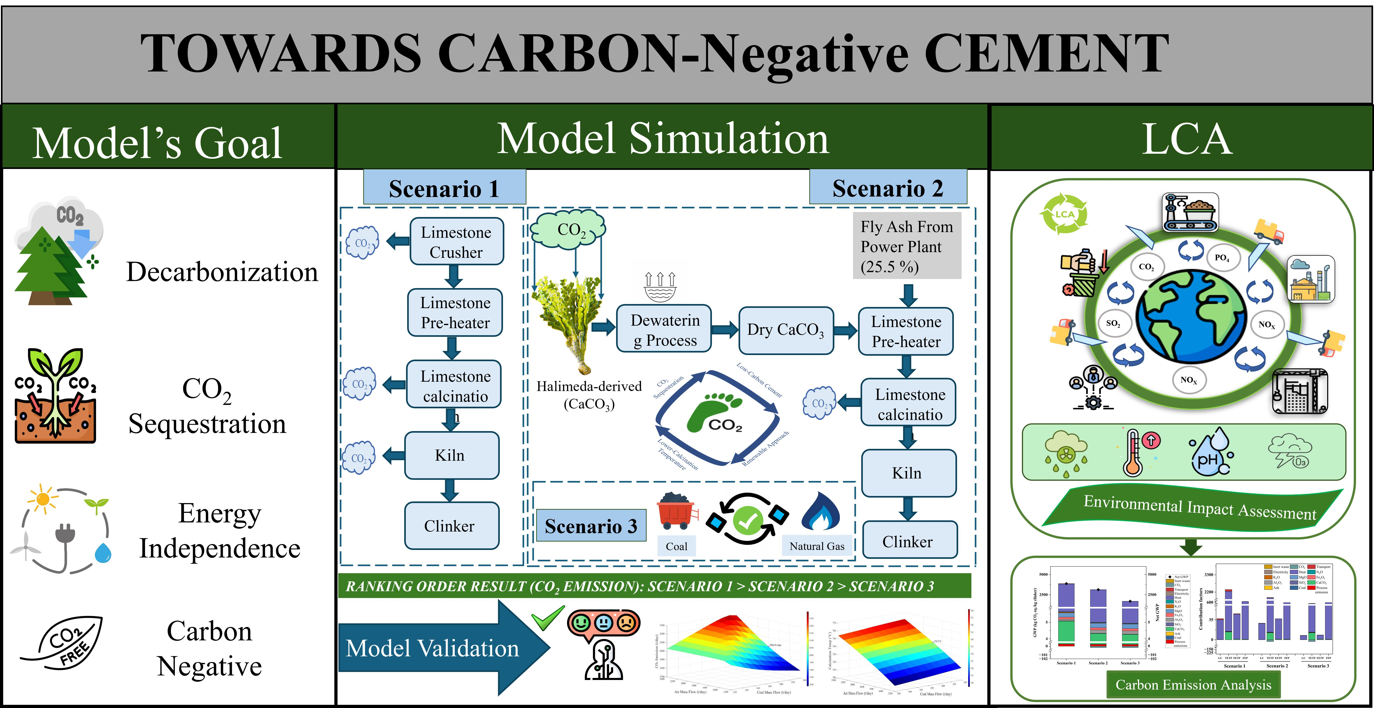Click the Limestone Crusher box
(x=456, y=242)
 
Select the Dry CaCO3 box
(x=786, y=330)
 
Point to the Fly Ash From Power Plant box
(x=907, y=246)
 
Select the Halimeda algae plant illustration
(x=568, y=320)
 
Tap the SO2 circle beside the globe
(x=1113, y=323)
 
